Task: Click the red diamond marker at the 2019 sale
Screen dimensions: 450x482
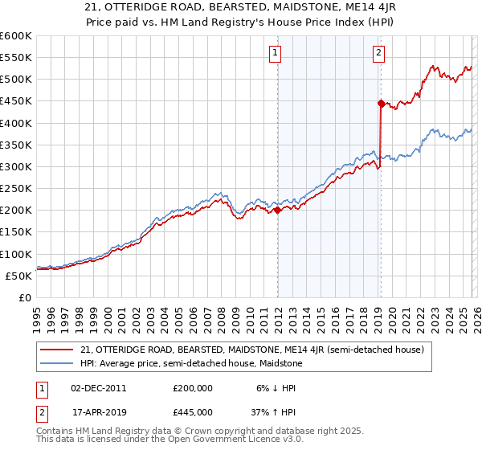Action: click(381, 103)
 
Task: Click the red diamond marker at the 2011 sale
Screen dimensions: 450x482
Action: click(277, 211)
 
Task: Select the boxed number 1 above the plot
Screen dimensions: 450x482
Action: click(275, 54)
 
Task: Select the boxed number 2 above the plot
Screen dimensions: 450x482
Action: click(378, 54)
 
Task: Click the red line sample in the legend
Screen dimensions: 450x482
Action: click(57, 350)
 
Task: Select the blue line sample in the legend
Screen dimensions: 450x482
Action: click(57, 364)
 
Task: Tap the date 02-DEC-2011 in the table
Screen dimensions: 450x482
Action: click(98, 388)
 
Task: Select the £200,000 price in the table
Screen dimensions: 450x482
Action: click(192, 388)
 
